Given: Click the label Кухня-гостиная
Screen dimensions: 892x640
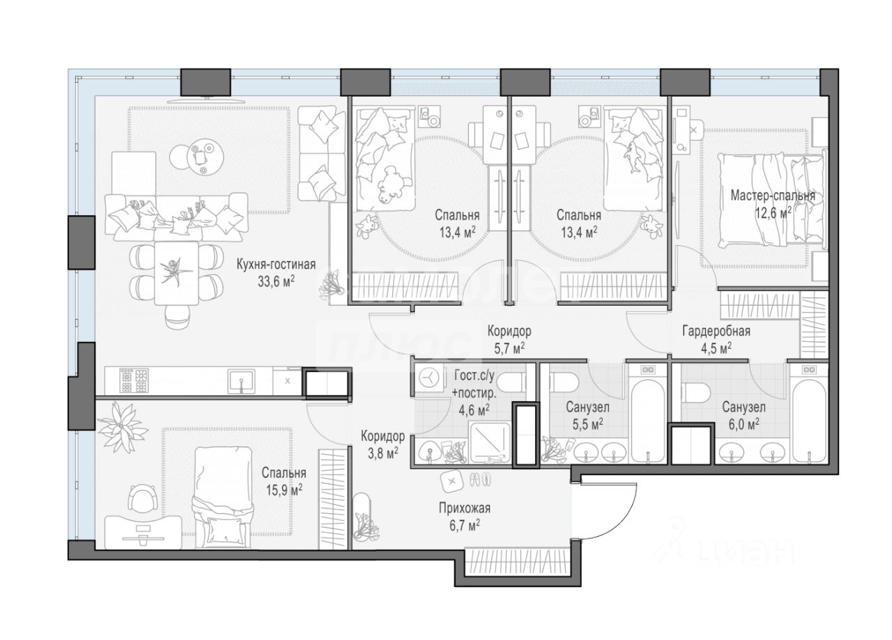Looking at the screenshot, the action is click(276, 265).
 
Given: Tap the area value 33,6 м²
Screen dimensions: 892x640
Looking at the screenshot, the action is click(276, 281).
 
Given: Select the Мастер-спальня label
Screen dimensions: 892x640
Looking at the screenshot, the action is click(773, 196).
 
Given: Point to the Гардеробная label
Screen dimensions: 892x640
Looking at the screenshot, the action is click(716, 331).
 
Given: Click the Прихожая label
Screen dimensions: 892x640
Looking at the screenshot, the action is click(465, 508).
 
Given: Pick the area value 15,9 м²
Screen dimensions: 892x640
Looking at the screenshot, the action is click(284, 490).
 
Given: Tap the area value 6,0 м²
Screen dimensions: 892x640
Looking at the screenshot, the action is click(744, 424).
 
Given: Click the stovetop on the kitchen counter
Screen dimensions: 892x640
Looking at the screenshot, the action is click(134, 380).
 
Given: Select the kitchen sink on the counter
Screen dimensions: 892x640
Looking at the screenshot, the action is click(241, 381).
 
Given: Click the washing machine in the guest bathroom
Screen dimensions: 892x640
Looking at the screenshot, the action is click(429, 377).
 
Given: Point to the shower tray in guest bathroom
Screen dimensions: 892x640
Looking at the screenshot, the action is click(490, 442).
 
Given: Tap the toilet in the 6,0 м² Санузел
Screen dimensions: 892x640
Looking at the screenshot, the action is click(695, 393).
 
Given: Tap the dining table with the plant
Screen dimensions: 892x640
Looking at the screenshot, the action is click(176, 273).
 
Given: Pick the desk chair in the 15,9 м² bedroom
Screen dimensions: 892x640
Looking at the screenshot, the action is click(142, 499).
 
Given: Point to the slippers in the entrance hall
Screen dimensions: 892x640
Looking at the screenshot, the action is click(480, 479).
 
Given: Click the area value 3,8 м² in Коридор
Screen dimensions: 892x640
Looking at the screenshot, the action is click(383, 453).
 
